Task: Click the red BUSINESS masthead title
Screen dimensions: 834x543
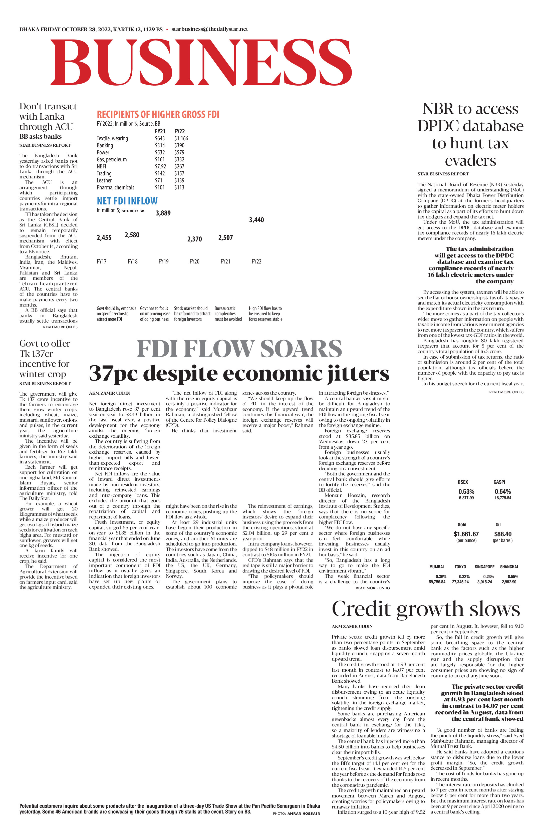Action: [201, 62]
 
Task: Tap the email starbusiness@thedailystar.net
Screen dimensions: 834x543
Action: [209, 29]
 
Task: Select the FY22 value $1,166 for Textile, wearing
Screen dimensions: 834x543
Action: [181, 138]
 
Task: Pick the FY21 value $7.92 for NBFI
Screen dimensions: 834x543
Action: [160, 166]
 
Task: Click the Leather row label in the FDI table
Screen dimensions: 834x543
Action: [104, 180]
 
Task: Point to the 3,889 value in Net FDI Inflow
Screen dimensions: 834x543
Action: [163, 213]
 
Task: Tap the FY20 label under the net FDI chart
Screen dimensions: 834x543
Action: [194, 261]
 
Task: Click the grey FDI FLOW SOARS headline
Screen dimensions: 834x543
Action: [239, 348]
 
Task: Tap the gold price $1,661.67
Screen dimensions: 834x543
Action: [466, 534]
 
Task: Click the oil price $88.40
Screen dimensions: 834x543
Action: [503, 534]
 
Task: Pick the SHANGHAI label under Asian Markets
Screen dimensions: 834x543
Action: [509, 567]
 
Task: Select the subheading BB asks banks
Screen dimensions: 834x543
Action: [40, 137]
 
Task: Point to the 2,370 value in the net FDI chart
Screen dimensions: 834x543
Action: [194, 239]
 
